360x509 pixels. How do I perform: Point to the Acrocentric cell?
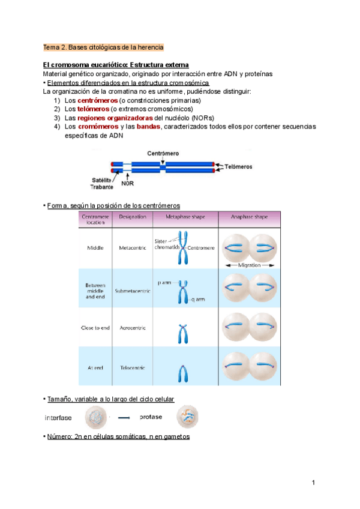pos(133,328)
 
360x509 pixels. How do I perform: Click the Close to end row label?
pos(95,328)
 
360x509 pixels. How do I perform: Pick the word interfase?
pos(58,417)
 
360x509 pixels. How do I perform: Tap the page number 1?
pos(313,483)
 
